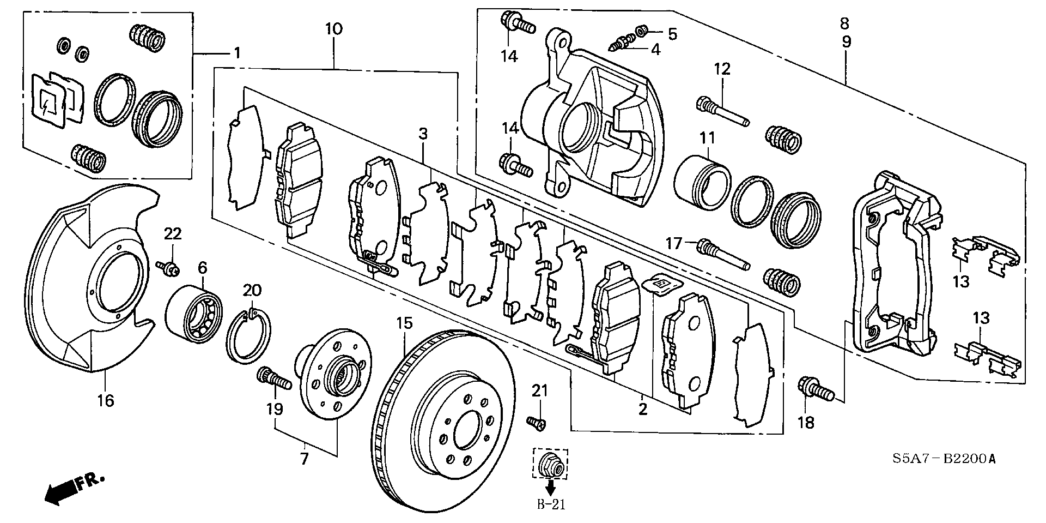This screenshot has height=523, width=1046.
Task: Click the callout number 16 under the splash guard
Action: click(x=106, y=401)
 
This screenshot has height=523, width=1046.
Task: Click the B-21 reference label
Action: click(x=551, y=504)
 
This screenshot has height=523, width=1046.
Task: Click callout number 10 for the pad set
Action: click(x=334, y=29)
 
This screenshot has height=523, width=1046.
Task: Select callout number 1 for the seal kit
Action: click(x=237, y=53)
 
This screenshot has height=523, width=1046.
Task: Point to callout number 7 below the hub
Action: click(x=304, y=458)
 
